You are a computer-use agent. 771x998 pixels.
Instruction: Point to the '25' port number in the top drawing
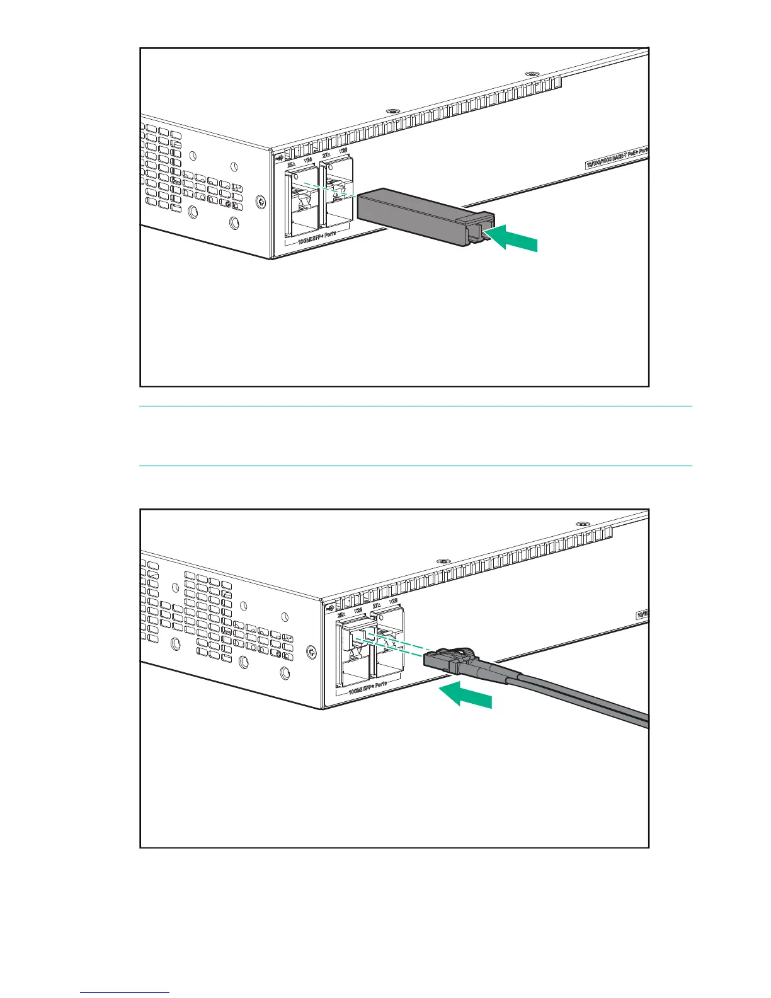pos(290,165)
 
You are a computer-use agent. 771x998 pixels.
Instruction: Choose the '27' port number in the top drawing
pos(326,154)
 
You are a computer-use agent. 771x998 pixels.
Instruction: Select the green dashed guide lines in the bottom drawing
pos(391,645)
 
